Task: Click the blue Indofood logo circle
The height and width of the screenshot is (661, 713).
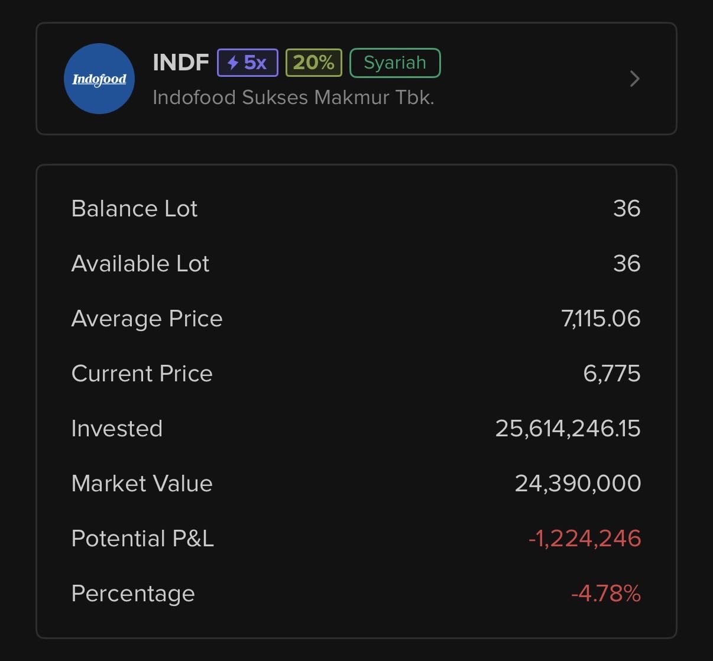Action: click(99, 79)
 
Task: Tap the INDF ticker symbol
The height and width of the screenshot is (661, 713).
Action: click(180, 62)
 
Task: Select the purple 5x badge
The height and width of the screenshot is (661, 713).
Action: click(247, 62)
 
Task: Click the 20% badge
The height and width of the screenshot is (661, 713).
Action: click(313, 62)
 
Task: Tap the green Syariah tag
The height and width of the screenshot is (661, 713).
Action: click(395, 63)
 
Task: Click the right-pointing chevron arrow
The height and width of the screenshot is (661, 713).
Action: click(635, 79)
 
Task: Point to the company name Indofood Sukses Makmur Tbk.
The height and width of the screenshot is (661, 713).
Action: click(293, 97)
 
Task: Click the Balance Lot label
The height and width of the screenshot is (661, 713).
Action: click(134, 209)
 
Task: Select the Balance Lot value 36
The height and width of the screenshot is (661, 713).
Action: click(627, 209)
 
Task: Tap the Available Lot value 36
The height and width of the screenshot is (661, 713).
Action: click(627, 264)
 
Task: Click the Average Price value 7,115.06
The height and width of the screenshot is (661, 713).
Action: click(601, 319)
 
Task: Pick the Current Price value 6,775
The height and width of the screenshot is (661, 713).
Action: click(611, 374)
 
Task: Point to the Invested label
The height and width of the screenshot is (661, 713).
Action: click(116, 429)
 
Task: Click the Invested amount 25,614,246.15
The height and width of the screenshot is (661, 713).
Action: click(568, 429)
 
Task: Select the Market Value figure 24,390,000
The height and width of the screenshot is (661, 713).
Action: click(578, 484)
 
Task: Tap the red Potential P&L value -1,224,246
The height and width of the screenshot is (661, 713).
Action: click(584, 539)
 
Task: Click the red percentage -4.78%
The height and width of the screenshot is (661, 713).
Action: click(605, 594)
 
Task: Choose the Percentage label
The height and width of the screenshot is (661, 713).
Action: click(132, 594)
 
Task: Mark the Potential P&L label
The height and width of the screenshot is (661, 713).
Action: click(142, 539)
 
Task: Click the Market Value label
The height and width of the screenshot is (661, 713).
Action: click(142, 484)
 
